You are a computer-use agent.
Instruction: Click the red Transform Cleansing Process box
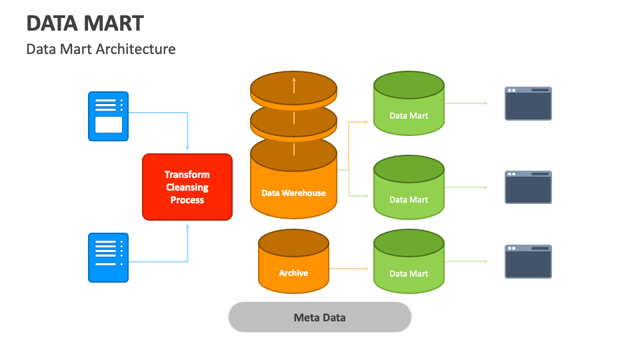[x=187, y=187]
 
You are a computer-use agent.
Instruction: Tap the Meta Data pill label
[x=320, y=317]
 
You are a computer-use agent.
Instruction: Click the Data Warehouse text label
[x=293, y=193]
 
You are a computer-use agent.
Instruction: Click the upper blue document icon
[x=109, y=116]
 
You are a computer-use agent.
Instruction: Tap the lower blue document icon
[x=109, y=257]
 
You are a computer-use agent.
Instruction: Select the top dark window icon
[x=528, y=103]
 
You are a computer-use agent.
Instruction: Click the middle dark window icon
[x=528, y=187]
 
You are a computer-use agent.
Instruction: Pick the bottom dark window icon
[x=528, y=261]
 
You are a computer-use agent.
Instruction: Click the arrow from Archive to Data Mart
[x=349, y=269]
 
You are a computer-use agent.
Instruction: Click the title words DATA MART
[x=85, y=23]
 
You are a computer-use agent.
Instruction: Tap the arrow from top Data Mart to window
[x=467, y=103]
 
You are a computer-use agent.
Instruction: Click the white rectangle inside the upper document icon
[x=109, y=125]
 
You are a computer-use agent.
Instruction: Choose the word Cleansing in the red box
[x=187, y=187]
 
